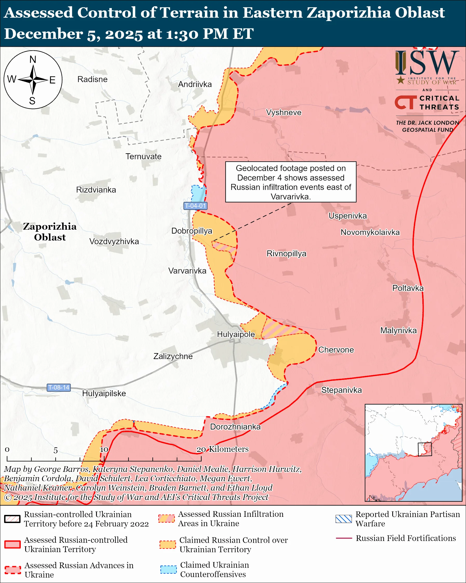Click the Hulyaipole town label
(236, 334)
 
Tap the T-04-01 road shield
(195, 206)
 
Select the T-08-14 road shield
(59, 387)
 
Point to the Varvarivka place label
(187, 271)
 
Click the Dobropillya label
(192, 231)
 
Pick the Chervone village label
(336, 350)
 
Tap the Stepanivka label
(341, 390)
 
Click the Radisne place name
(92, 79)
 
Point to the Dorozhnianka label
(235, 427)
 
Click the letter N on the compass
(33, 59)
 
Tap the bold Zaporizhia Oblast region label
(50, 232)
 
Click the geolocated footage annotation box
(291, 182)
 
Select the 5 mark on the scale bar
(55, 451)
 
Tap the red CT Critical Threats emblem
(406, 102)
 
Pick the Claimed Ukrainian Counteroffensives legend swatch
(168, 569)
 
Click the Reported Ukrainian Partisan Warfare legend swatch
(343, 519)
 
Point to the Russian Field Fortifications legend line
(344, 538)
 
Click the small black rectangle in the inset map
(425, 449)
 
